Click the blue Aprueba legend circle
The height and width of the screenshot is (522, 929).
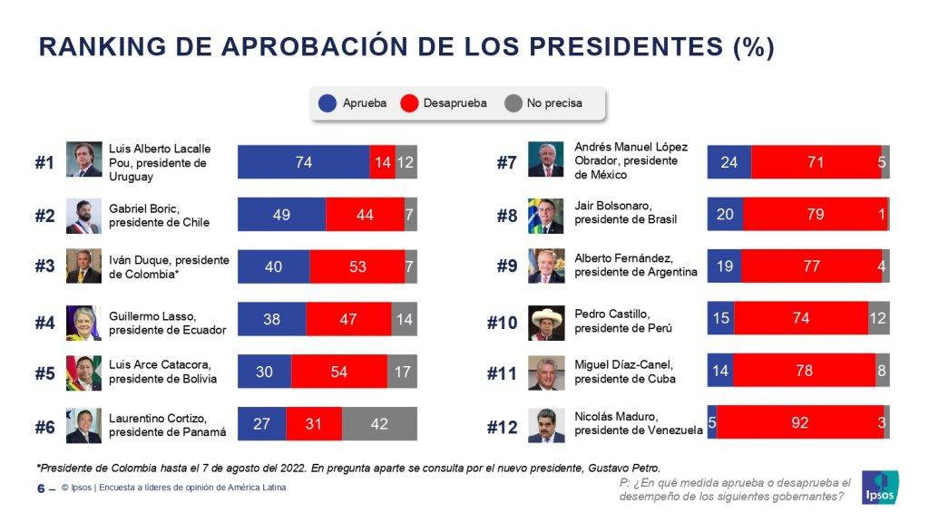point(328,103)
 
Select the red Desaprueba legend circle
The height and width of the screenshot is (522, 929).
point(411,103)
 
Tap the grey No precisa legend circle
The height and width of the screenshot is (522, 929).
point(513,103)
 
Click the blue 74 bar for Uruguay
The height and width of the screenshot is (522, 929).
point(303,162)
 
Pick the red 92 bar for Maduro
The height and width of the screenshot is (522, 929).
point(799,423)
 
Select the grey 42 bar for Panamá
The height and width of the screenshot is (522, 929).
point(379,423)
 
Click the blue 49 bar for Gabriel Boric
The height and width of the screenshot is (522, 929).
point(281,216)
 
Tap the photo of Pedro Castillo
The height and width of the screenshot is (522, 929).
point(546,322)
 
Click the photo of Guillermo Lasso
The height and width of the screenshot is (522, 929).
point(83,322)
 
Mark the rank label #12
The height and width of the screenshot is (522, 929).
point(502,426)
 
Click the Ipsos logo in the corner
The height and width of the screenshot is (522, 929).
point(880,487)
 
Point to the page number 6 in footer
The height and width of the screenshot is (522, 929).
point(41,488)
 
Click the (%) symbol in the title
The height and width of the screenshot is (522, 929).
point(752,48)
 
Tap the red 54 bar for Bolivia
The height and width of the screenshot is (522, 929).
point(338,372)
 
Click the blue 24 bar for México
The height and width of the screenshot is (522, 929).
point(729,162)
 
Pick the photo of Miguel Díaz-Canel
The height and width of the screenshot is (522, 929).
point(546,372)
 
